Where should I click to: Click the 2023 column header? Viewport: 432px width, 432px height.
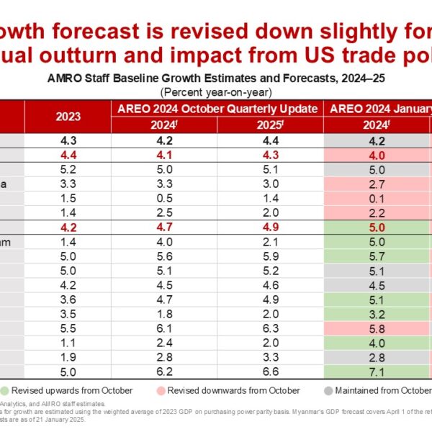point(68,115)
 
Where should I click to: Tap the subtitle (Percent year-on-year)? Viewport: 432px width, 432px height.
point(216,92)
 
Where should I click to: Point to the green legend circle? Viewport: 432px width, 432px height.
point(6,390)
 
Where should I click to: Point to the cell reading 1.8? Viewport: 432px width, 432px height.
point(165,314)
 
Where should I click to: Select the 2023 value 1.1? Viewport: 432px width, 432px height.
point(68,342)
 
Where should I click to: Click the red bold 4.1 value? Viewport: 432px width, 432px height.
point(165,155)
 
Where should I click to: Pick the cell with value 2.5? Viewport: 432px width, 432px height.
point(165,212)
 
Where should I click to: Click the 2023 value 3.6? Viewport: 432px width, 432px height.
point(68,300)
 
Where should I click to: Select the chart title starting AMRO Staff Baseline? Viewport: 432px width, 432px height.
point(216,79)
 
